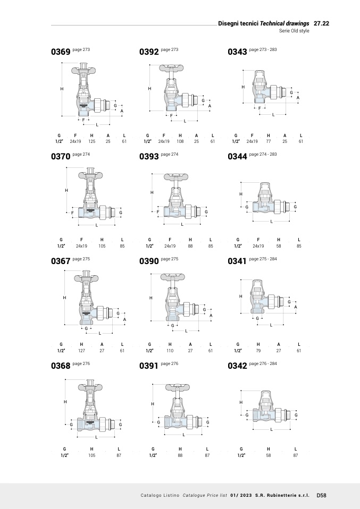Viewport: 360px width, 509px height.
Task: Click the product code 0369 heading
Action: point(60,52)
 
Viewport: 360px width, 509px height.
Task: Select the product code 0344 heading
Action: point(237,157)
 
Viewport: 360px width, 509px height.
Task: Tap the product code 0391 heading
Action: point(149,366)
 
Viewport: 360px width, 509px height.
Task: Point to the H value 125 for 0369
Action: point(91,141)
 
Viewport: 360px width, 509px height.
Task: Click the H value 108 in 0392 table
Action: point(180,141)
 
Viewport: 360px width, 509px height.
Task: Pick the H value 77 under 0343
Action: point(268,141)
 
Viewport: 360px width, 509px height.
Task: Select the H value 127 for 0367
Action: point(81,350)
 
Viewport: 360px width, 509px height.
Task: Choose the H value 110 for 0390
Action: point(170,350)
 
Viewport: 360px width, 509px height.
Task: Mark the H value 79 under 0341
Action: point(258,350)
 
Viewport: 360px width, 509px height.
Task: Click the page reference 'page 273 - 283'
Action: point(263,49)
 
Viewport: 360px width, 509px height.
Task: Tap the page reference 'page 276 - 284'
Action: point(263,363)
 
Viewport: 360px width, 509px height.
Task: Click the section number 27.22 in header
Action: point(321,24)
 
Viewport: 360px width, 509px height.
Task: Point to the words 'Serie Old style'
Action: point(294,31)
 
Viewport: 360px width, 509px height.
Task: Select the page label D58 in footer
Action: point(322,495)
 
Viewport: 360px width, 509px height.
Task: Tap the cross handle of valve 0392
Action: point(171,69)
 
